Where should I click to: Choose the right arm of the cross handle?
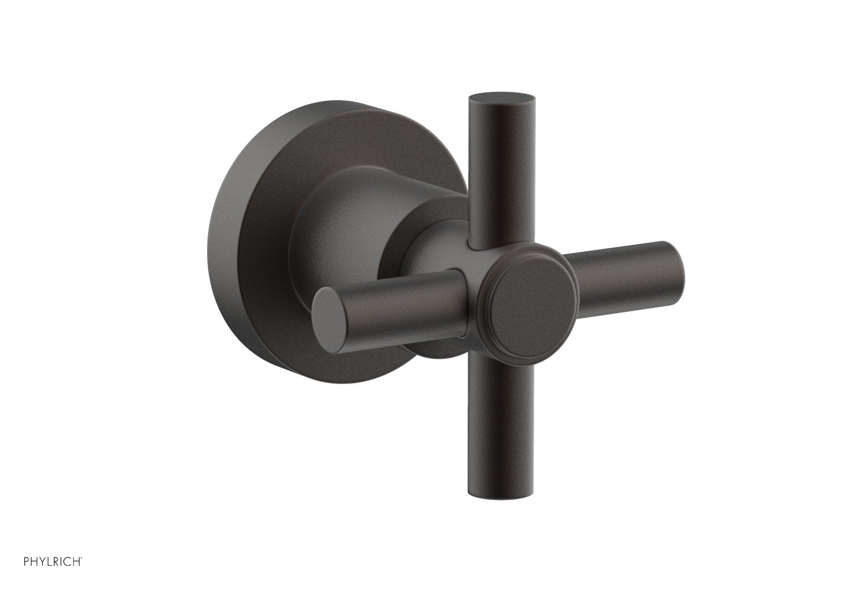(x=625, y=271)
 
